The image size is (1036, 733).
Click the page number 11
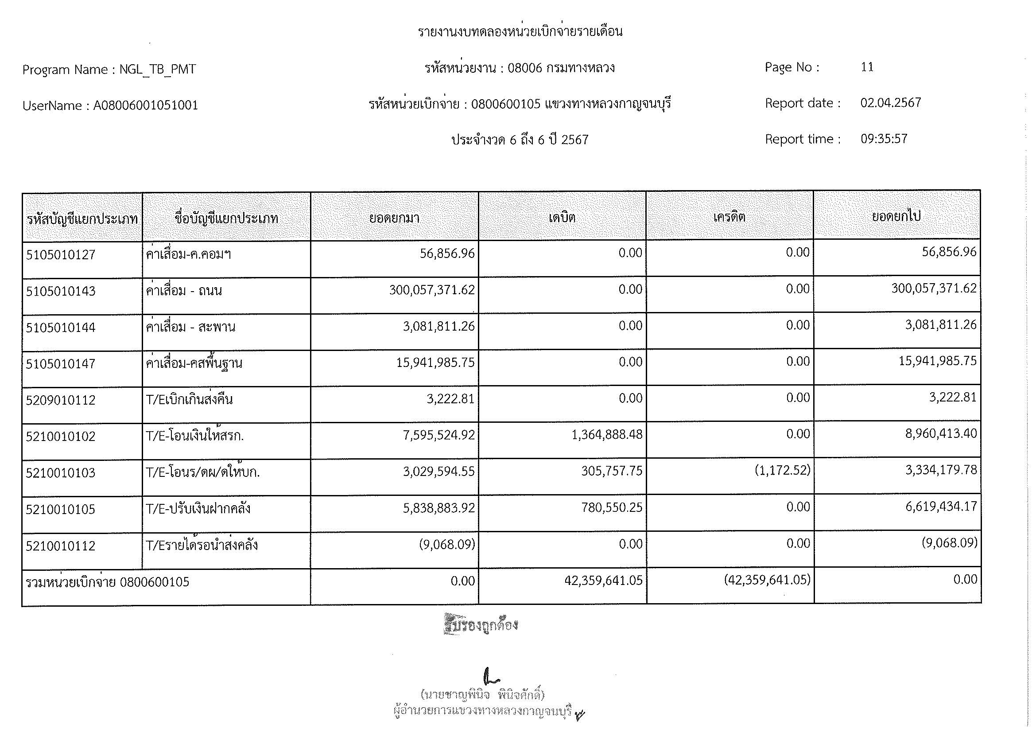tap(867, 67)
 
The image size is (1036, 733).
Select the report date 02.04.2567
tap(890, 103)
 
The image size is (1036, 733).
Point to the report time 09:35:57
tap(884, 139)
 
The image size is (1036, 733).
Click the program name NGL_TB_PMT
tap(158, 70)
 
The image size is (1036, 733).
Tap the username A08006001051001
tap(145, 105)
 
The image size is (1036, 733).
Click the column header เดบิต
tap(562, 218)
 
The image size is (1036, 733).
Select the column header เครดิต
tap(729, 218)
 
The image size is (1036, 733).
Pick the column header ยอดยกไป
tap(896, 217)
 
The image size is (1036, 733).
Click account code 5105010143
tap(61, 291)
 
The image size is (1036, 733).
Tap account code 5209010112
tap(61, 400)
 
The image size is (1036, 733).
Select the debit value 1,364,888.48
tap(606, 435)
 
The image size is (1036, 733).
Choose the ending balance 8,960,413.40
tap(940, 434)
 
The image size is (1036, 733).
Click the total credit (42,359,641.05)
tap(767, 580)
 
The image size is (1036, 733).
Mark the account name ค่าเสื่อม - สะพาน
tap(190, 327)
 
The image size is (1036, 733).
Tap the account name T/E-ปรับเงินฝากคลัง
tap(198, 509)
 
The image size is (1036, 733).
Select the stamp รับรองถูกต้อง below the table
tap(481, 625)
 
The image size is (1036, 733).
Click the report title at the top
tap(520, 31)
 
